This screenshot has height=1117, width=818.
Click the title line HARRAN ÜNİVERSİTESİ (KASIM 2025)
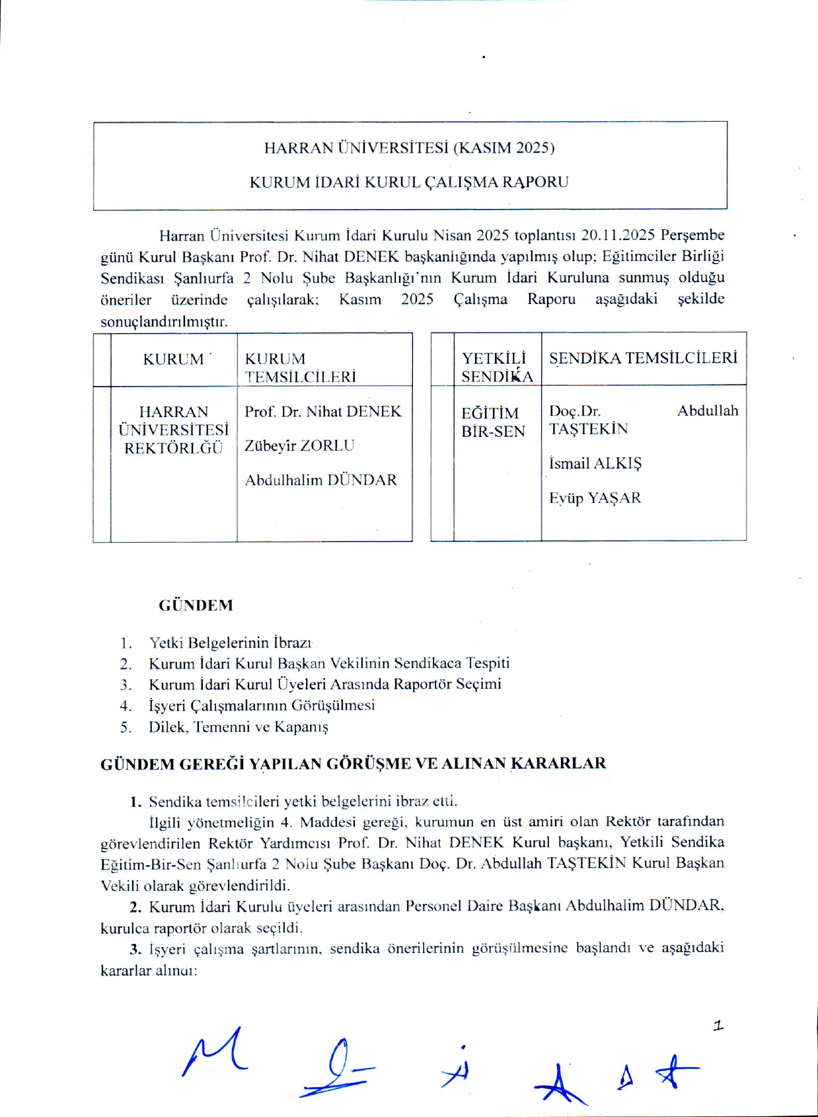pos(409,147)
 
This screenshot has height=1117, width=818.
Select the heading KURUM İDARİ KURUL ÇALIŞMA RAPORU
pos(409,182)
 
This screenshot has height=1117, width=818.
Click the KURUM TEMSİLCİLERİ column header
pos(300,367)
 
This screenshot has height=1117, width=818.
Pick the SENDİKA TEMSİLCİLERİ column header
pos(643,358)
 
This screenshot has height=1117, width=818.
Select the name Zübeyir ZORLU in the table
pos(299,445)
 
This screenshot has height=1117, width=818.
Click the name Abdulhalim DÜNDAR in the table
pos(320,480)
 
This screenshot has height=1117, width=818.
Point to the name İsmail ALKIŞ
pos(595,463)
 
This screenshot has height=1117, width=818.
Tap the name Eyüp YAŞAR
pos(595,498)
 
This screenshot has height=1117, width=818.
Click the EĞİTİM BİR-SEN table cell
pos(493,422)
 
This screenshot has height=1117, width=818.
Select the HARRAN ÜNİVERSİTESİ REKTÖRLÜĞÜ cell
pos(174,430)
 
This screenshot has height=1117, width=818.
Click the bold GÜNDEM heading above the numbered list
pos(196,605)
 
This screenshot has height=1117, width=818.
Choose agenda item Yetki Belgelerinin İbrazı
pos(230,642)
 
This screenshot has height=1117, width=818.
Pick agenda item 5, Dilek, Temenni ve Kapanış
pos(238,727)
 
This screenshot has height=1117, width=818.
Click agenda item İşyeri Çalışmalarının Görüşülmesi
pos(262,705)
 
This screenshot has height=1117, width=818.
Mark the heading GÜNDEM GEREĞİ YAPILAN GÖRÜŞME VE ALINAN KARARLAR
pos(353,763)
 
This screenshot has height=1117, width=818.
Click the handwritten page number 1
pos(718,1026)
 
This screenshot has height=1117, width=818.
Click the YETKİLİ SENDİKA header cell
pos(497,367)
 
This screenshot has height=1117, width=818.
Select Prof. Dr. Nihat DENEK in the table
pos(322,411)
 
